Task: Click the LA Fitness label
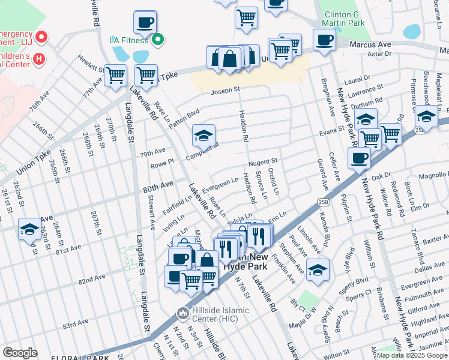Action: click(x=128, y=40)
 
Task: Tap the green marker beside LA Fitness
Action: click(x=158, y=41)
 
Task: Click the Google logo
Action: click(x=20, y=352)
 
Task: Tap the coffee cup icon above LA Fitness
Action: click(x=145, y=22)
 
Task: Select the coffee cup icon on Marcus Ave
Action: click(x=324, y=40)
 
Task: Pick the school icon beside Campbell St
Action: click(x=204, y=136)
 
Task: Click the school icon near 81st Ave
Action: click(x=30, y=229)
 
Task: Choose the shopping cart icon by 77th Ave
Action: click(x=115, y=76)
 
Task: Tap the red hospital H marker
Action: click(x=39, y=58)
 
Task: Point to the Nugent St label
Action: click(x=262, y=161)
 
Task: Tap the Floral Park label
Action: click(x=45, y=356)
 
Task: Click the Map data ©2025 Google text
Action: click(x=411, y=355)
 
